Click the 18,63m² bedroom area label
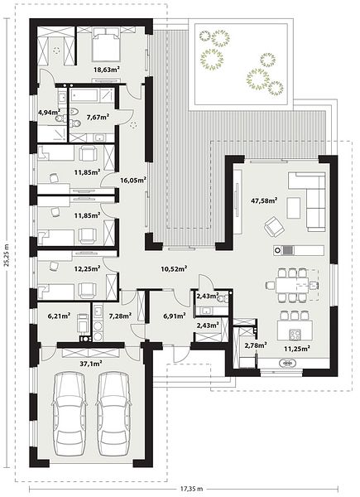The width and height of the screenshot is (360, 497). [107, 69]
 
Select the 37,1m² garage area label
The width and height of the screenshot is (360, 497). [91, 364]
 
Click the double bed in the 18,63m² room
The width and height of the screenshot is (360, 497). [107, 45]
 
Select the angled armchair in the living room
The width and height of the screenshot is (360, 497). [274, 227]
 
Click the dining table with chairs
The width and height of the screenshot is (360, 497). [291, 285]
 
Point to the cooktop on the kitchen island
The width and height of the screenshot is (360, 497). [295, 334]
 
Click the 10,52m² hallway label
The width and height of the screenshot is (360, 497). [174, 269]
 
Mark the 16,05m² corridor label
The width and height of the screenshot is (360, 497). [133, 180]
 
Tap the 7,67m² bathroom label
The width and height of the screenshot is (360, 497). [98, 117]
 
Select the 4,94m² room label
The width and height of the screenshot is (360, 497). [49, 112]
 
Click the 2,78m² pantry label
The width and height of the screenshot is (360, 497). [256, 345]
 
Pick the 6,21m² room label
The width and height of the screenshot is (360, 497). [59, 316]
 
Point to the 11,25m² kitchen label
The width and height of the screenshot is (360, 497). [296, 349]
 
